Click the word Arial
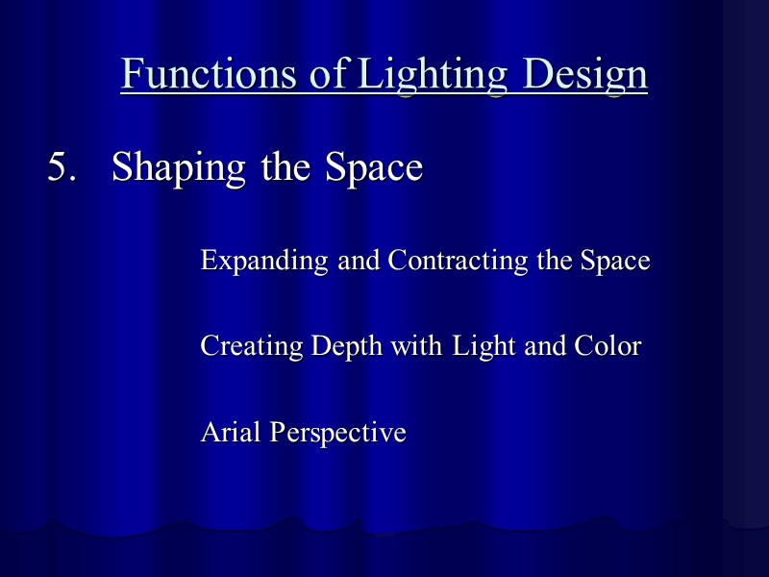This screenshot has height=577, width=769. [231, 433]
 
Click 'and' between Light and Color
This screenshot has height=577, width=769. [546, 346]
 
